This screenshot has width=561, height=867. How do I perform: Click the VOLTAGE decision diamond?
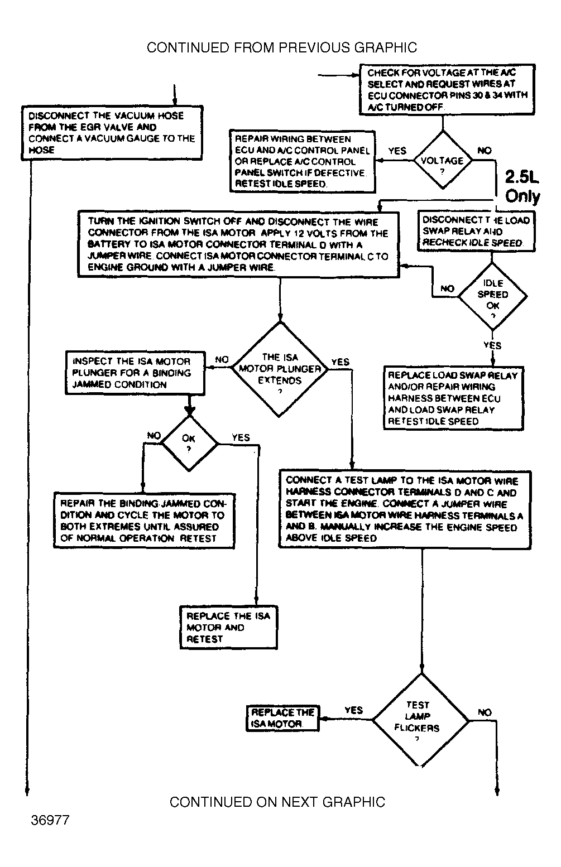coord(442,161)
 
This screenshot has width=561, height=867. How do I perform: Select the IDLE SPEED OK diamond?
coord(492,296)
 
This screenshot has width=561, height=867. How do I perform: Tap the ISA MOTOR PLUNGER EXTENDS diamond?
coord(280,369)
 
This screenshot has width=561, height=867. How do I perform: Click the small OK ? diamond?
coord(189,443)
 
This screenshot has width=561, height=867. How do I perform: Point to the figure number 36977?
coord(50,821)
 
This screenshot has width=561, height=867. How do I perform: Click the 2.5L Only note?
coord(522,187)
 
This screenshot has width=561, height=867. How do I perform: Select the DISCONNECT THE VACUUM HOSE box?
coord(112,133)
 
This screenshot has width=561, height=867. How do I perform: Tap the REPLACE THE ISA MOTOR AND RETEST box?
coord(229,628)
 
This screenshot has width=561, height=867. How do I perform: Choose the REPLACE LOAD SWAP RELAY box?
coord(453,398)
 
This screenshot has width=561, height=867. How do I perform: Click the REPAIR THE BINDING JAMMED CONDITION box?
coord(143,521)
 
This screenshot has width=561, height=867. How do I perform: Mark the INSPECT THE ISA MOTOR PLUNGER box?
coord(135,373)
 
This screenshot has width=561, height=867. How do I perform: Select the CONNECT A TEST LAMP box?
coord(405,509)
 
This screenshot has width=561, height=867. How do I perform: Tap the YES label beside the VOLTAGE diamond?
coord(397,151)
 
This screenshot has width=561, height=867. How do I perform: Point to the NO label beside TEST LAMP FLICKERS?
coord(485,712)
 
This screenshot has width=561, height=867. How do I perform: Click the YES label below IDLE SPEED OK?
coord(492,345)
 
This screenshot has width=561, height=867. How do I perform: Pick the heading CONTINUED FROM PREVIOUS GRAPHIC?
coord(282,47)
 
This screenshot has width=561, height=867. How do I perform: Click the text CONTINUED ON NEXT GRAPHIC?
coord(277,802)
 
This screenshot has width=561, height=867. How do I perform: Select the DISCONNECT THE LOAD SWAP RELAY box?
coord(476,231)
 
